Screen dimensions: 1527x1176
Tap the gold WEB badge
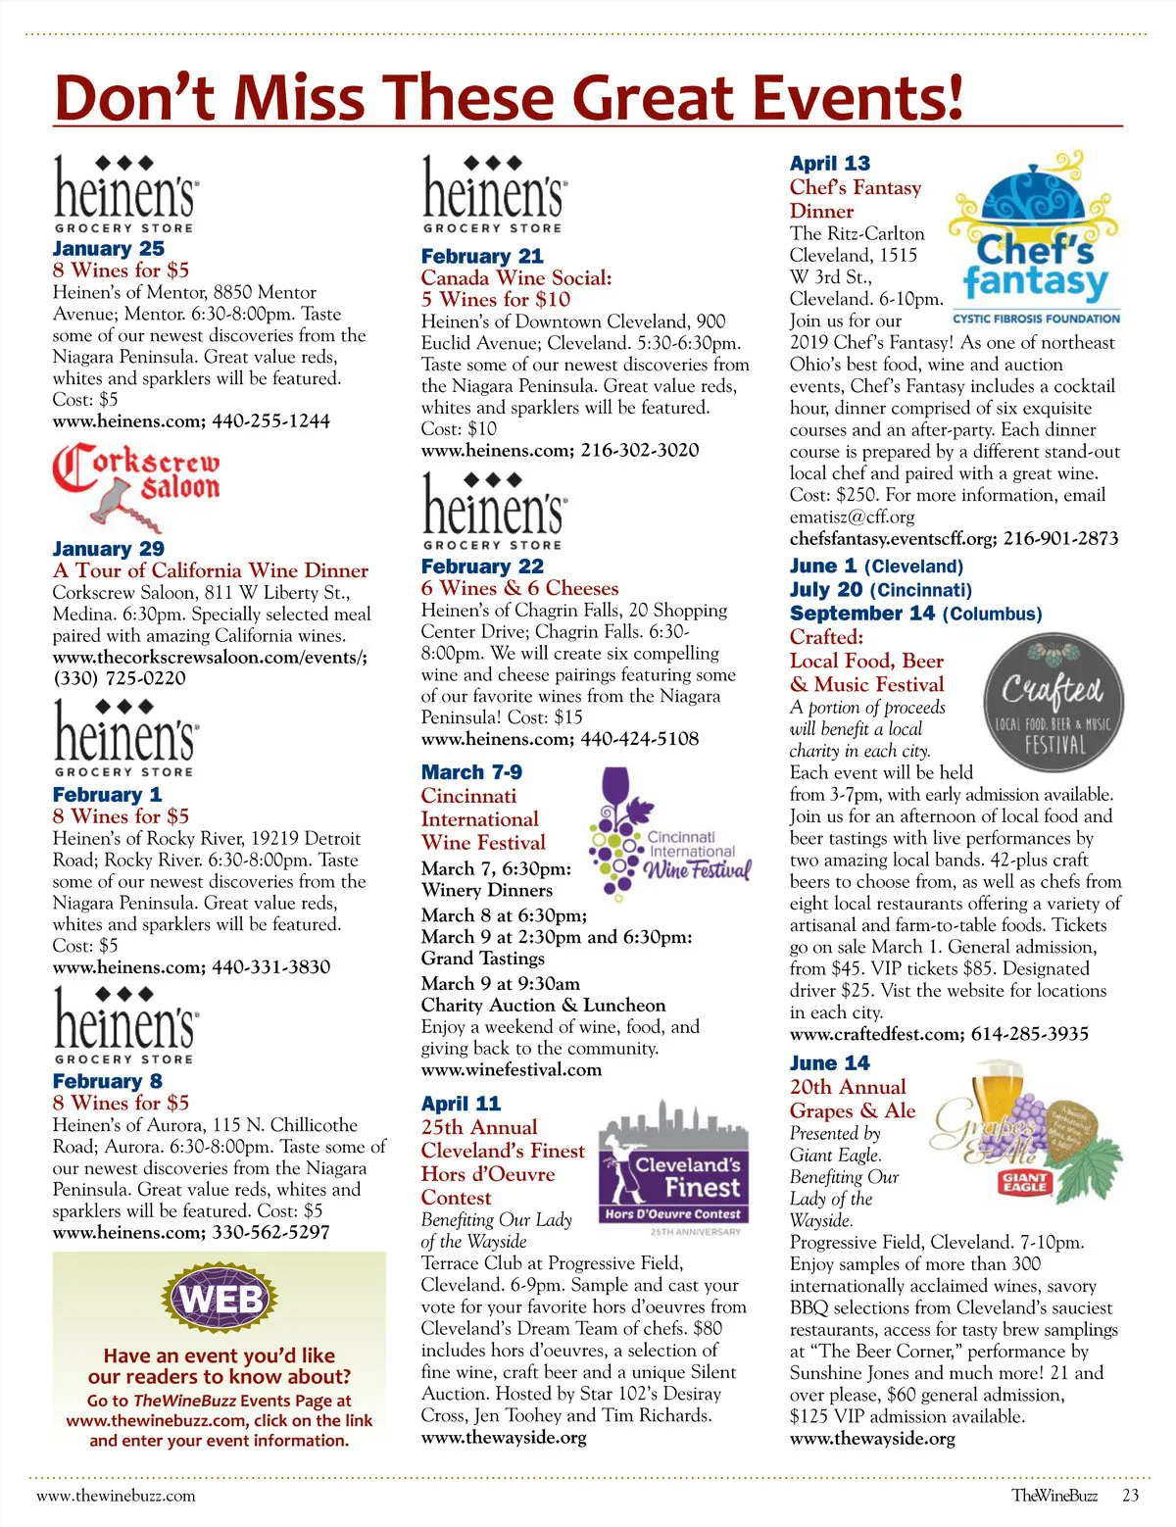click(x=221, y=1300)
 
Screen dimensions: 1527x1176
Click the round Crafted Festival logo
click(x=1053, y=703)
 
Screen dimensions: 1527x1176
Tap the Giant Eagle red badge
click(x=1025, y=1181)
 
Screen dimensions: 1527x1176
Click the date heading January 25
click(x=109, y=249)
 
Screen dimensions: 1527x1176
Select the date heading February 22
click(x=482, y=566)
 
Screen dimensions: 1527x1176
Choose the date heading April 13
click(x=829, y=164)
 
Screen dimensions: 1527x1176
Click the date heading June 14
click(x=829, y=1063)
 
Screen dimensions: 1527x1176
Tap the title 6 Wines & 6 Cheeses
click(x=519, y=588)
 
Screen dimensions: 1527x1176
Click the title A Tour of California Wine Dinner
click(x=211, y=570)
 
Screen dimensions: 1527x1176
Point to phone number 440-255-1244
click(x=270, y=421)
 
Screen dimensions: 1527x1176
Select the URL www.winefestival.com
click(x=512, y=1069)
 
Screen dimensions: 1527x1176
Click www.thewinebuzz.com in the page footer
click(x=116, y=1496)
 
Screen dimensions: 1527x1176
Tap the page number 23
click(x=1131, y=1496)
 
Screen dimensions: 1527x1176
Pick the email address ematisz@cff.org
click(x=852, y=517)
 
